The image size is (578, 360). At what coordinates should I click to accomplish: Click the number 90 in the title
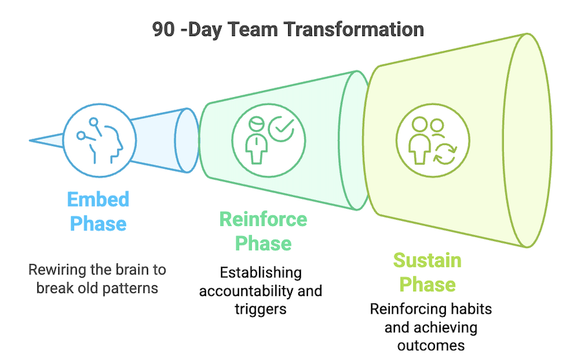click(x=163, y=29)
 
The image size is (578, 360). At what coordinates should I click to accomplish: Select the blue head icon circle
click(x=99, y=140)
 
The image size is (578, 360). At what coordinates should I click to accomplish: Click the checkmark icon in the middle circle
click(x=281, y=129)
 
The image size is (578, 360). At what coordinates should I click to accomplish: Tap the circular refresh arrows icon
click(x=445, y=154)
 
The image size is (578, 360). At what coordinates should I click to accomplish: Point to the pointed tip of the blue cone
click(x=30, y=140)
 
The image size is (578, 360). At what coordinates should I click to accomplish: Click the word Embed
click(x=98, y=200)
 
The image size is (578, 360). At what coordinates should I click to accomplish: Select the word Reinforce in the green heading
click(x=263, y=219)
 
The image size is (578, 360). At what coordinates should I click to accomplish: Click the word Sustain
click(x=427, y=260)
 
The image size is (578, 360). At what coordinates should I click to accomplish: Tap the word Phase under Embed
click(x=98, y=223)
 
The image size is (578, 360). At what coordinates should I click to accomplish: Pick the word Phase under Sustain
click(x=428, y=285)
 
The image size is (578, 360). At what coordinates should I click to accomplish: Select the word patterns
click(x=130, y=289)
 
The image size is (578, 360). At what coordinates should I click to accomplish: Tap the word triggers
click(x=260, y=310)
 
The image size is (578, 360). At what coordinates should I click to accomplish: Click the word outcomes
click(x=431, y=346)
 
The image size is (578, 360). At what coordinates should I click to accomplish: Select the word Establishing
click(x=260, y=273)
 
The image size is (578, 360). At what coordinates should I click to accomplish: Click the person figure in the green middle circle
click(x=256, y=140)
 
